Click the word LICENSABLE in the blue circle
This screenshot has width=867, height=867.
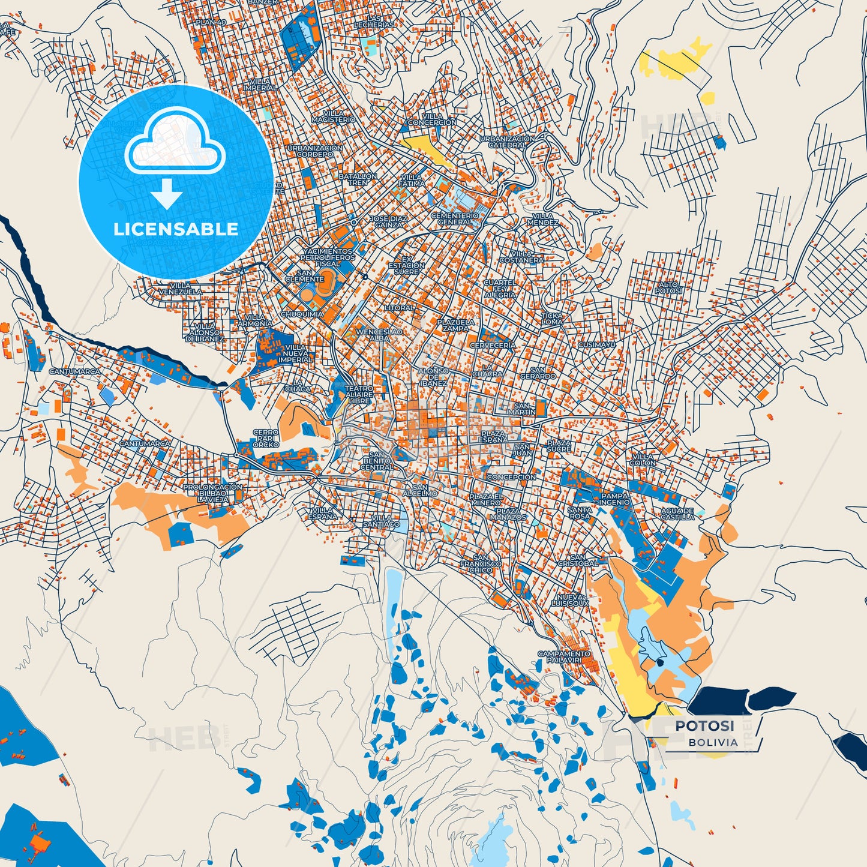point(176,229)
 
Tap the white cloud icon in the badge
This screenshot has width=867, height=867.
point(175,148)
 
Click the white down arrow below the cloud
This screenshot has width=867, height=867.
point(167,194)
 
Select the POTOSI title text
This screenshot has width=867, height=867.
point(704,726)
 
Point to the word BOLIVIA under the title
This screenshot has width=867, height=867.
point(713,742)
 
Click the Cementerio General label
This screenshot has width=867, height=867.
point(455,218)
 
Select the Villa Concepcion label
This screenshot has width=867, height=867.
point(432,119)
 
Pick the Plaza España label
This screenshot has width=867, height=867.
point(493,436)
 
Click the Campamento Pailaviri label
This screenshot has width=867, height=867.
point(563,656)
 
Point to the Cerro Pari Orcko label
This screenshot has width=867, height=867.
point(265,438)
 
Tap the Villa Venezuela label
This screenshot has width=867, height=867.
point(180,289)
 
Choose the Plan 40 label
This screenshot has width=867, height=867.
point(211,22)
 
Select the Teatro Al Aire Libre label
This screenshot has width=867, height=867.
point(359,394)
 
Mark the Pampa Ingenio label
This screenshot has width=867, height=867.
point(615,499)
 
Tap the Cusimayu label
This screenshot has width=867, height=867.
point(596,345)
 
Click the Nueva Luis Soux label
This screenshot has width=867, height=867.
point(573,600)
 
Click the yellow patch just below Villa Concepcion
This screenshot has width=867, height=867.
point(427,147)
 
